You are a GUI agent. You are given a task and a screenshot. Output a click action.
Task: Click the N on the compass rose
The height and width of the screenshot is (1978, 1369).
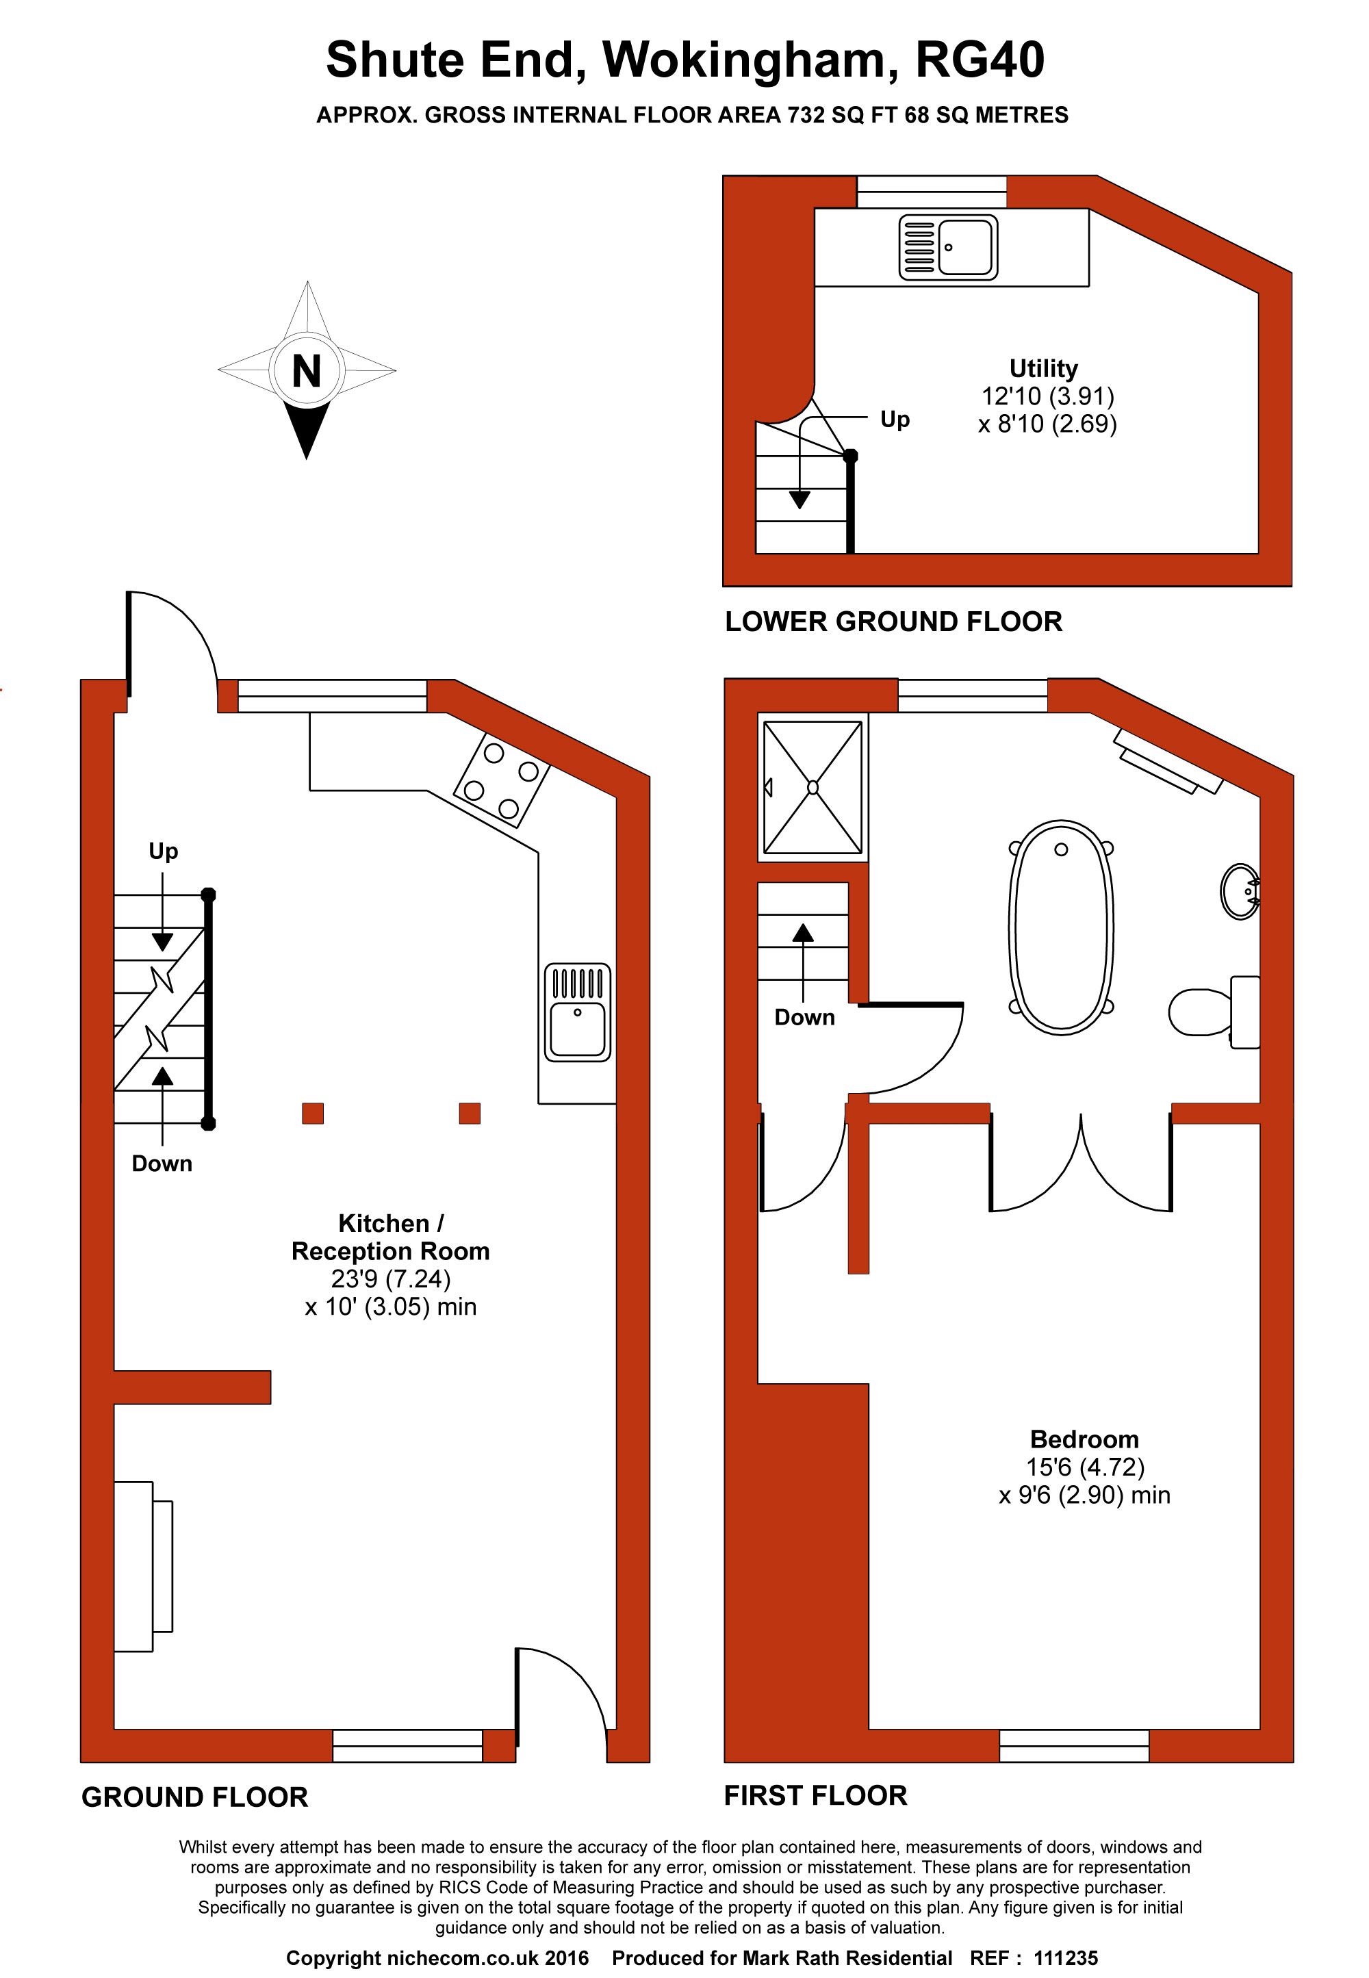[x=306, y=372]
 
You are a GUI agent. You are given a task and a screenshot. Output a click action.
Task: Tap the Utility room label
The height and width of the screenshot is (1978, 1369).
[x=1043, y=369]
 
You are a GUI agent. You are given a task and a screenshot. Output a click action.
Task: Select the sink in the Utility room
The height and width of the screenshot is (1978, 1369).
[x=948, y=247]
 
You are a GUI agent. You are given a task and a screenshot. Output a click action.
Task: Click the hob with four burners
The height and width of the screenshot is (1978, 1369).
[x=501, y=779]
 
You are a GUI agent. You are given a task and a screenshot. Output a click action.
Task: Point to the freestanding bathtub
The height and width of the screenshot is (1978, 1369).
[x=1061, y=927]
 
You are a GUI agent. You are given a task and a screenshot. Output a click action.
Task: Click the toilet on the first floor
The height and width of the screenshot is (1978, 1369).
[x=1214, y=1012]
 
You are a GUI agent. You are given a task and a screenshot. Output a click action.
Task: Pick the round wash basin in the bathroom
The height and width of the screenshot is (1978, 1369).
[x=1240, y=892]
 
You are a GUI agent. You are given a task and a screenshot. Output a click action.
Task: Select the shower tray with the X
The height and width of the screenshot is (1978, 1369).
[x=813, y=787]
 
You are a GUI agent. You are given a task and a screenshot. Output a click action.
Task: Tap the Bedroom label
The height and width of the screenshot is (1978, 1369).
[x=1084, y=1439]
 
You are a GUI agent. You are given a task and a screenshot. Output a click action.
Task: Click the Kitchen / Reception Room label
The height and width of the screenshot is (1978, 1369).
[x=390, y=1237]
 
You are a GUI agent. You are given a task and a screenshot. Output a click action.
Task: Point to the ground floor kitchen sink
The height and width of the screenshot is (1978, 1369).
[x=577, y=1012]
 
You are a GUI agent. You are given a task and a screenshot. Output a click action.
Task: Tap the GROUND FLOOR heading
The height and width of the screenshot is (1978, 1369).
[x=194, y=1797]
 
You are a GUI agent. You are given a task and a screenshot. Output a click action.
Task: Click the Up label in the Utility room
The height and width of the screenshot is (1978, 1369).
[x=895, y=420]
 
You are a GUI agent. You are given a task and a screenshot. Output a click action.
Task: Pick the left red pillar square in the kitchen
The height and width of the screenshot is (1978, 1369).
[x=313, y=1114]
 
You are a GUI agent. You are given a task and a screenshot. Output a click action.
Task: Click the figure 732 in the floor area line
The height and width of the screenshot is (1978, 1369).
[x=806, y=115]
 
